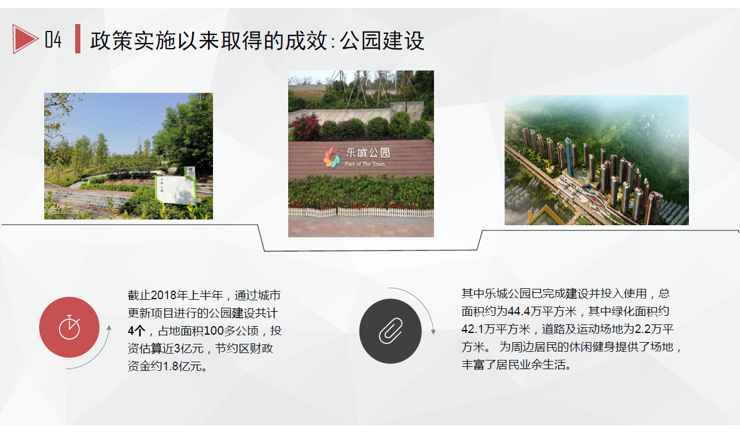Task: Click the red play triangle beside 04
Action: (24, 39)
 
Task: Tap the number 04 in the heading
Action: (53, 40)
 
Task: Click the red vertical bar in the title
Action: (78, 38)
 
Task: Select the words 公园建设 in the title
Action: (382, 41)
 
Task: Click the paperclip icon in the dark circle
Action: (390, 331)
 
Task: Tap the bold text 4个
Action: (137, 331)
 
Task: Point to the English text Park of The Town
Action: (365, 164)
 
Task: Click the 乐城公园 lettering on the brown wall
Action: (368, 153)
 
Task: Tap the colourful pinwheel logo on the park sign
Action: (332, 158)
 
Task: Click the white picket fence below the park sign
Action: (361, 213)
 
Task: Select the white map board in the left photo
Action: (175, 190)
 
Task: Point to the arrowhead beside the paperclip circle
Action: (433, 331)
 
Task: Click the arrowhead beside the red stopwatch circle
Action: (109, 328)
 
